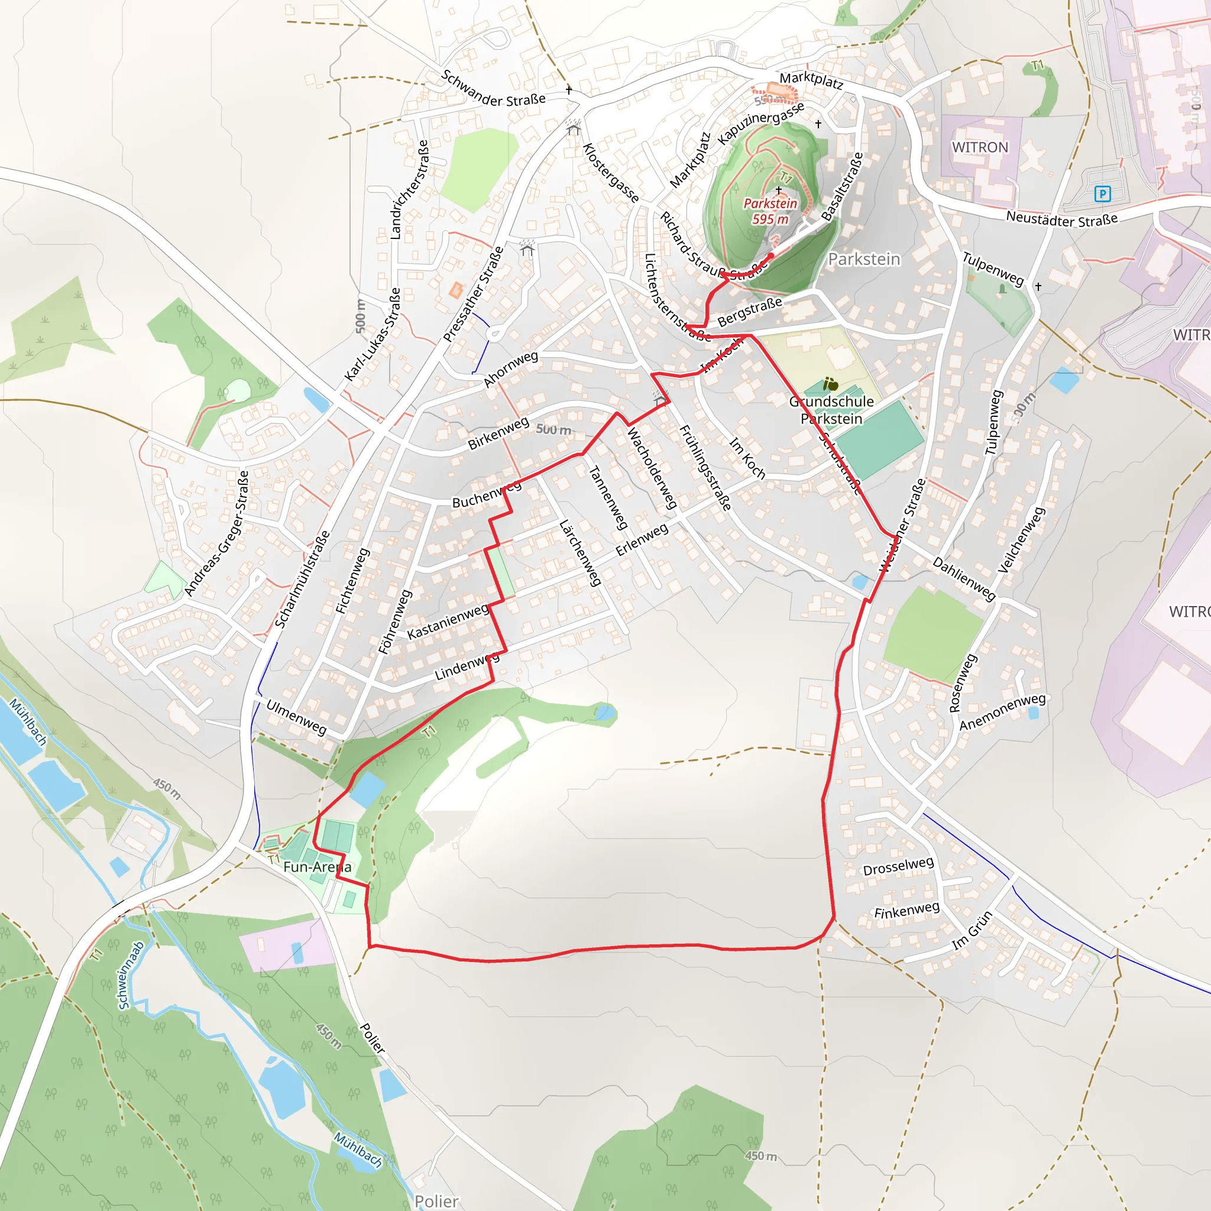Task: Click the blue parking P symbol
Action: [1102, 194]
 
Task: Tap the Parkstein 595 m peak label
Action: [770, 211]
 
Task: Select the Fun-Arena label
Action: [317, 867]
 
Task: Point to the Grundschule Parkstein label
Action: [831, 410]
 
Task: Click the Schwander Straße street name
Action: [493, 89]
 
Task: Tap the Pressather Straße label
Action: [473, 294]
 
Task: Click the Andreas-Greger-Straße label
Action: [217, 534]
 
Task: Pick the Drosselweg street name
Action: [898, 866]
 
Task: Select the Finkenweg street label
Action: [907, 910]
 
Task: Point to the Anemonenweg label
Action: [1002, 712]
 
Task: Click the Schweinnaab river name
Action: [131, 975]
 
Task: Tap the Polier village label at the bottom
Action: [436, 1201]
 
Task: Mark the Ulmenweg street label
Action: [296, 717]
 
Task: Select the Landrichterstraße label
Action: [409, 189]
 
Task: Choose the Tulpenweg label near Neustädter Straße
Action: [993, 269]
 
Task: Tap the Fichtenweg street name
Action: [352, 581]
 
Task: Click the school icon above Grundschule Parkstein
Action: [831, 384]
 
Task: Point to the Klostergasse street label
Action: [611, 173]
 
